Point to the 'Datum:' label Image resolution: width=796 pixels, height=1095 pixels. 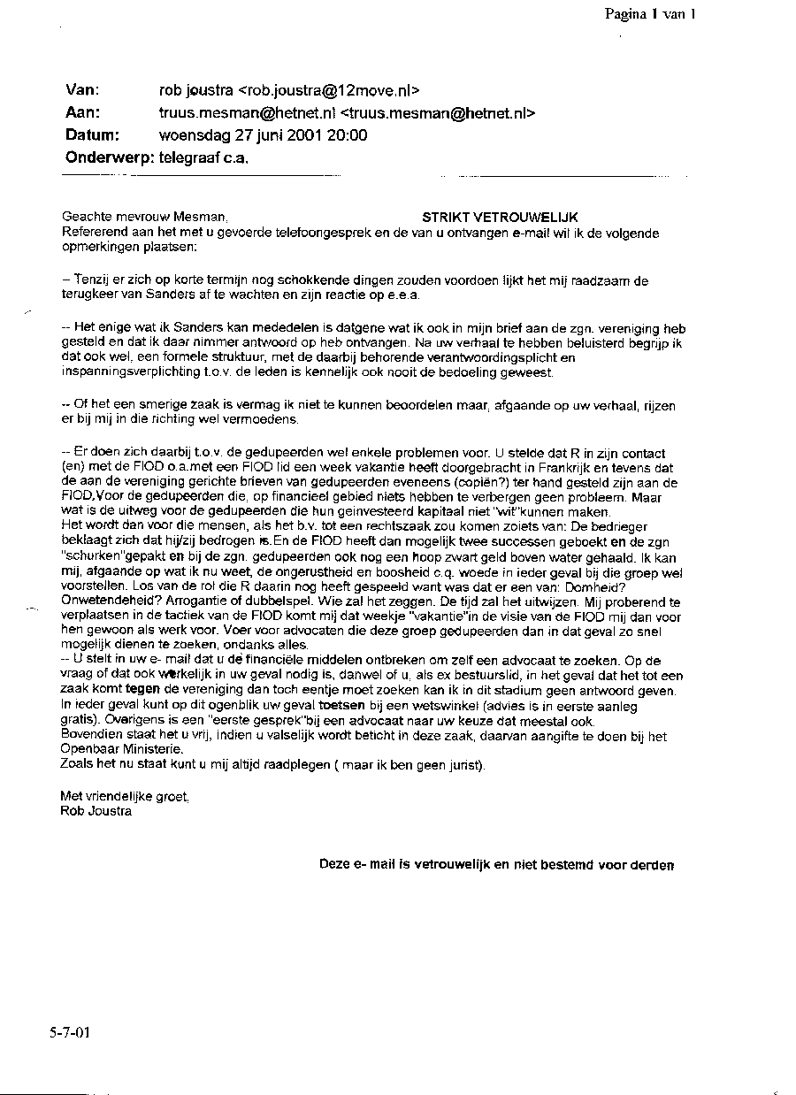click(x=92, y=135)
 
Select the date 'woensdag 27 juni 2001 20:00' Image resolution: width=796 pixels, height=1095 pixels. click(x=263, y=135)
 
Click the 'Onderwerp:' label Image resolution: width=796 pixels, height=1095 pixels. click(x=110, y=158)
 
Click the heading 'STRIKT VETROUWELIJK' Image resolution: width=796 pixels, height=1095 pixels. click(x=500, y=218)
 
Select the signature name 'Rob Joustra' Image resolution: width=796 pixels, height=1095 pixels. click(x=96, y=810)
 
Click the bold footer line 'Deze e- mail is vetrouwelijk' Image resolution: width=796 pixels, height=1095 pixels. click(x=496, y=864)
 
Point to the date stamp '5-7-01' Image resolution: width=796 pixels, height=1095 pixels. click(x=70, y=1032)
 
